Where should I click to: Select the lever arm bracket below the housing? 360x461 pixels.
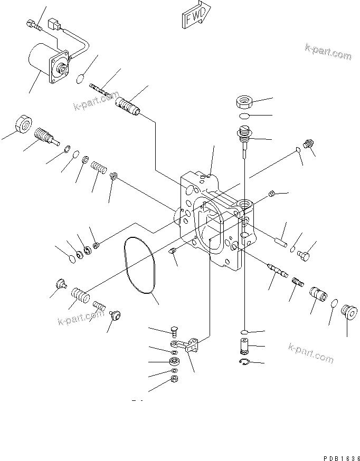pos(189,347)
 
